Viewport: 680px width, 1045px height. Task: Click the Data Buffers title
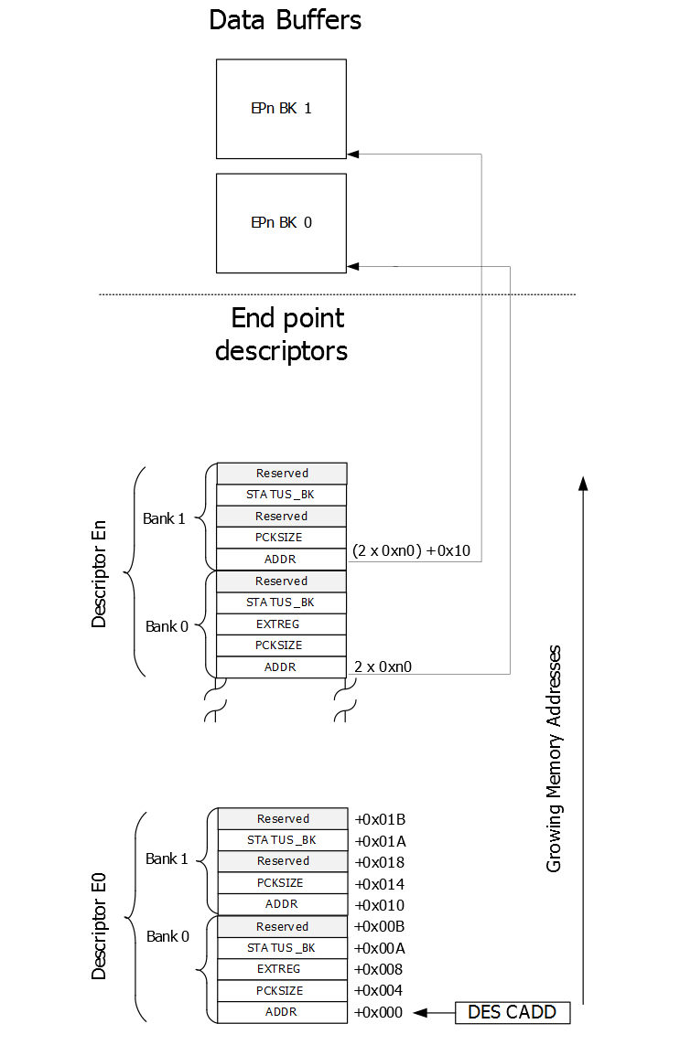pos(285,19)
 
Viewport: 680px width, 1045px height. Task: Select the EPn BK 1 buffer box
pos(281,109)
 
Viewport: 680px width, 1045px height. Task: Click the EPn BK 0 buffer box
pos(281,223)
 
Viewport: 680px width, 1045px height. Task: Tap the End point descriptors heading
pos(282,334)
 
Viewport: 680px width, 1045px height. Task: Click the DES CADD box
pos(512,1012)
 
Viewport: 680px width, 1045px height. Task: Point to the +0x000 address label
pos(379,1012)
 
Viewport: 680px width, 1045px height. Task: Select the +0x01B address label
pos(379,819)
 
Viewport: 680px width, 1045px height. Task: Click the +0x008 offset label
pos(379,969)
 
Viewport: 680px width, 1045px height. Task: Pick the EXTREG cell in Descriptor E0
pos(282,969)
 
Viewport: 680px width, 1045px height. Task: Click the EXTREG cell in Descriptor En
pos(281,624)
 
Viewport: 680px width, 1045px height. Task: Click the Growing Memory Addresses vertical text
pos(554,759)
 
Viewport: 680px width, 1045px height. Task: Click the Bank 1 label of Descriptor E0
pos(167,858)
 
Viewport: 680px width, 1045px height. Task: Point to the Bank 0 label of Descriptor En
pos(167,626)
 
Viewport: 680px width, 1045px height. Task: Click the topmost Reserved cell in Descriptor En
pos(282,474)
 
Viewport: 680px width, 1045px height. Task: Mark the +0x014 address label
pos(379,884)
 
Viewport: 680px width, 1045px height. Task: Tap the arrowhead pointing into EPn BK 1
pos(353,154)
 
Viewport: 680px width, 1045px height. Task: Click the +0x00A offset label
pos(379,948)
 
